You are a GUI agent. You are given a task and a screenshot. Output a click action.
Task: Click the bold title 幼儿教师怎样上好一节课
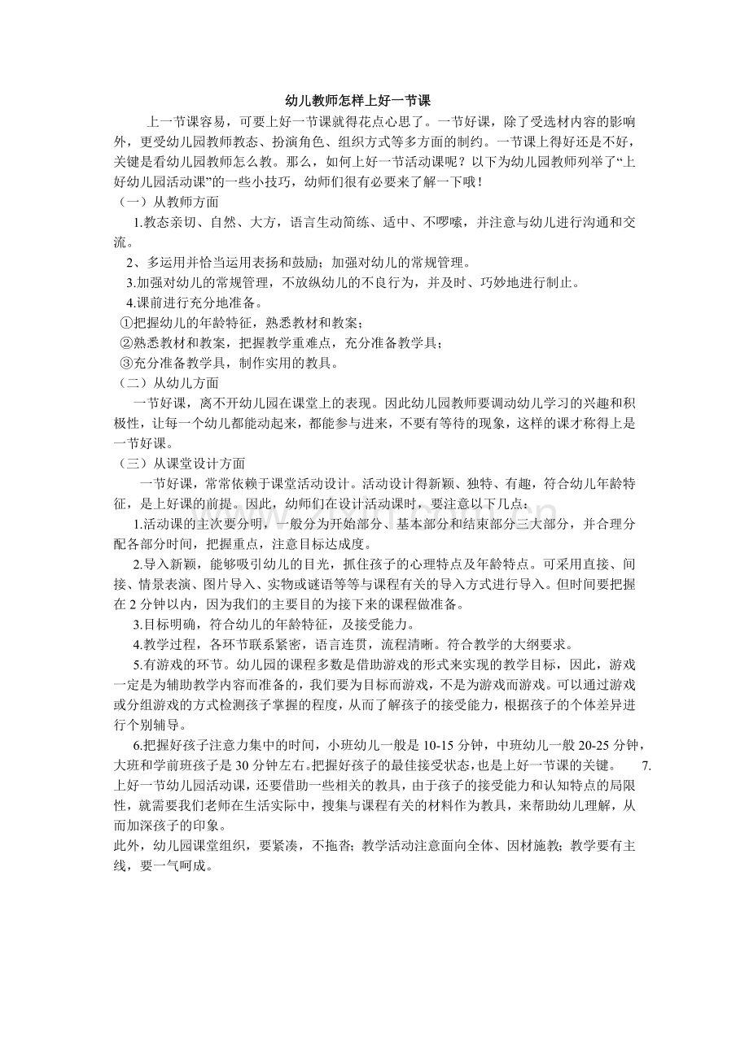point(374,101)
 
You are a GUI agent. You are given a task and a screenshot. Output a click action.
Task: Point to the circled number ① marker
point(125,322)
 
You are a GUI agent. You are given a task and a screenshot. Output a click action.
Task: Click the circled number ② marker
point(125,342)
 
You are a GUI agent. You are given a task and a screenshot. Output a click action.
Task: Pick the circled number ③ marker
point(125,363)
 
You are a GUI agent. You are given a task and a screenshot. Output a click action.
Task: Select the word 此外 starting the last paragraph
point(125,846)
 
